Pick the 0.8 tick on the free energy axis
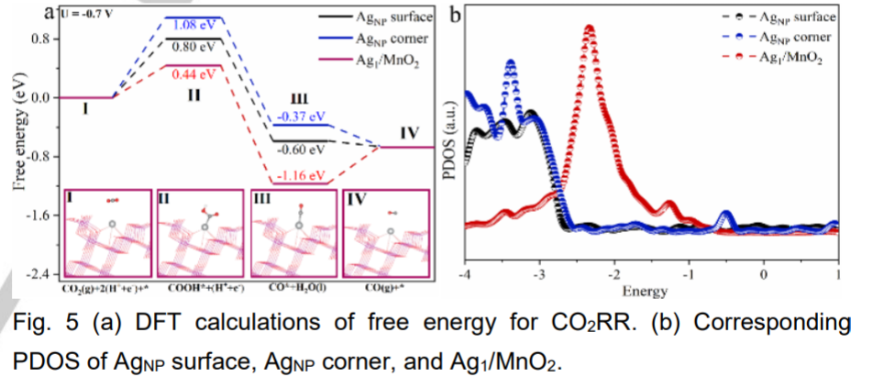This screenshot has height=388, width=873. coord(40,39)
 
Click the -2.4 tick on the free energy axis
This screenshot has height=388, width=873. coord(39,274)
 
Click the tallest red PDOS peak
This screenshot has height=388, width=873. coord(589,29)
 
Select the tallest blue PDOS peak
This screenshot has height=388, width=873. coord(510,63)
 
